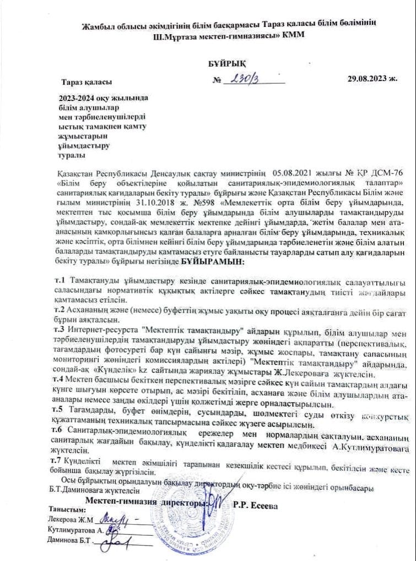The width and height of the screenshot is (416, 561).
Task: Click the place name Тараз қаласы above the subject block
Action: [87, 82]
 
